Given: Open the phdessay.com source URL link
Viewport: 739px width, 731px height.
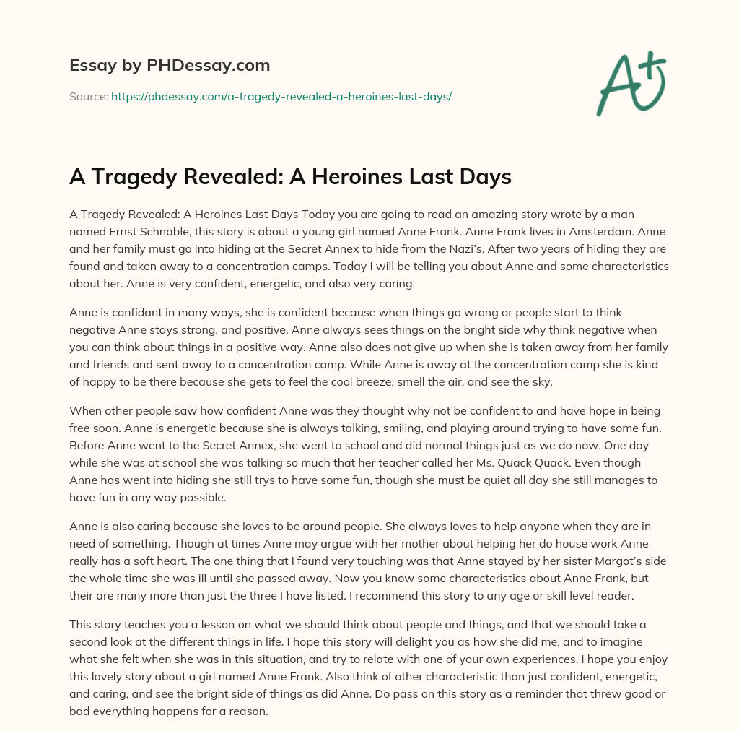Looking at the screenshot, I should [x=281, y=96].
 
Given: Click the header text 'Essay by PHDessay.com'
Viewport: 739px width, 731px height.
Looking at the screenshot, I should [x=170, y=66].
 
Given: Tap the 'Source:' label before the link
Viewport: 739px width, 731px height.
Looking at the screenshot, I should [x=89, y=96].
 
